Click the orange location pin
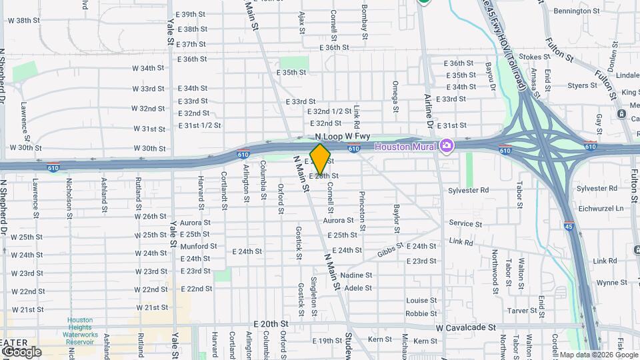pos(321,159)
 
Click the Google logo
pos(21,351)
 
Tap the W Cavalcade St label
pos(466,328)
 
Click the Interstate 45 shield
pos(568,225)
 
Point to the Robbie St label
pos(421,313)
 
